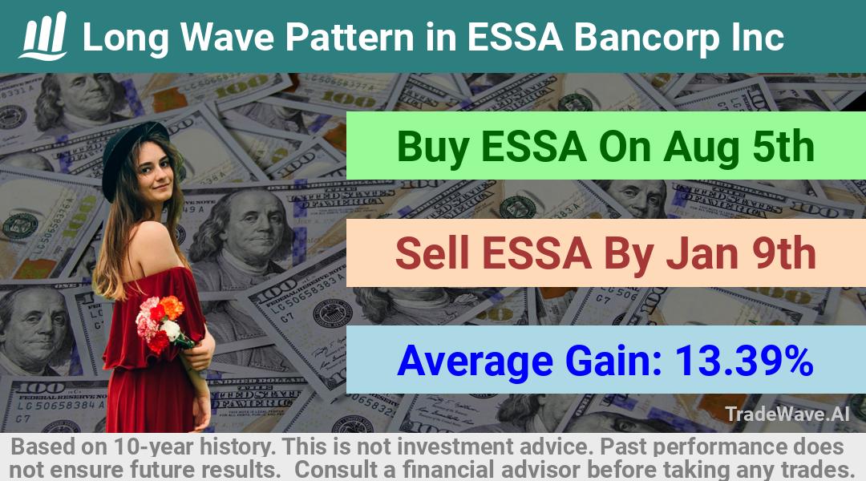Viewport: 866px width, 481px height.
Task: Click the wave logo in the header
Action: pyautogui.click(x=43, y=36)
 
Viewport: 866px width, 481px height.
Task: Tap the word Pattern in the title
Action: pyautogui.click(x=350, y=37)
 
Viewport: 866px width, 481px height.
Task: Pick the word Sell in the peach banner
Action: pyautogui.click(x=432, y=253)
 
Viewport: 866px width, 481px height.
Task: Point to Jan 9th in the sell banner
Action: pyautogui.click(x=741, y=253)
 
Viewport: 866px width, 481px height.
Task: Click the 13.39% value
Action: pyautogui.click(x=744, y=361)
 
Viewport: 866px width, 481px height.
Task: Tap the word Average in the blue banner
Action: pyautogui.click(x=475, y=362)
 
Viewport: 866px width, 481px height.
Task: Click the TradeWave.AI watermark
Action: pyautogui.click(x=787, y=414)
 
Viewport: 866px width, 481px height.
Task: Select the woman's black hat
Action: pyautogui.click(x=132, y=156)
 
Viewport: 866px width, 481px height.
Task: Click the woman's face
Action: pyautogui.click(x=154, y=173)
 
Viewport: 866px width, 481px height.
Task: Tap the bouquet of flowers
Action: pyautogui.click(x=163, y=325)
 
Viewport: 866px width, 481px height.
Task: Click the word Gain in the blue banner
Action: pyautogui.click(x=614, y=361)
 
